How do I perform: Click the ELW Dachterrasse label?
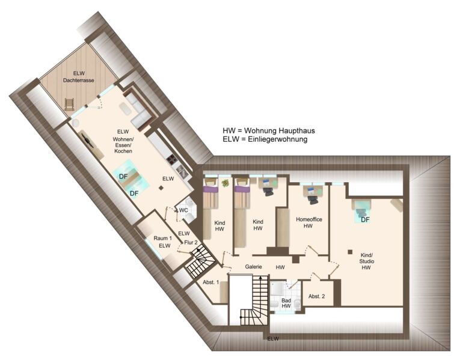[79, 77]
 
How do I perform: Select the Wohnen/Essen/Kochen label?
[123, 145]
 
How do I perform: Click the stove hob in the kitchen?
[172, 160]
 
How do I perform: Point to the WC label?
[183, 210]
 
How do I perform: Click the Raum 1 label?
[163, 238]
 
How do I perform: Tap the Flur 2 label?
[191, 243]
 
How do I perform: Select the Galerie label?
[254, 267]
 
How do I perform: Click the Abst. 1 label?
[210, 282]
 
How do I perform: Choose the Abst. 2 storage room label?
[316, 296]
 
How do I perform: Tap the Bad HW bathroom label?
[286, 303]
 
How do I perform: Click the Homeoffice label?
[309, 219]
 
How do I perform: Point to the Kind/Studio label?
[366, 261]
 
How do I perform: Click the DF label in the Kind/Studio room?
[365, 220]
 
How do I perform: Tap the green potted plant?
[225, 183]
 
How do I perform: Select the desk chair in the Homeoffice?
[312, 200]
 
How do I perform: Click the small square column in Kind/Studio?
[350, 252]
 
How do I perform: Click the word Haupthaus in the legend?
[296, 130]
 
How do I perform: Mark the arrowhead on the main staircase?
[260, 277]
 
